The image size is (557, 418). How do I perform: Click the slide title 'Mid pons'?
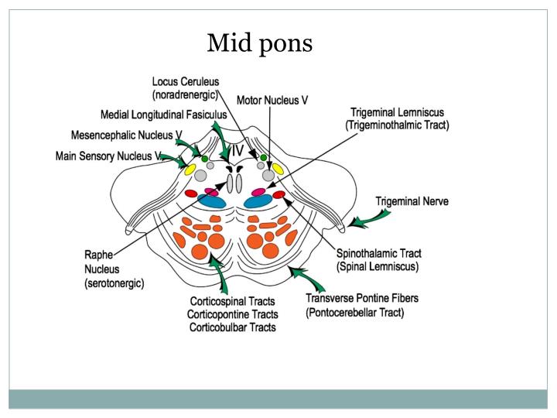[x=260, y=44]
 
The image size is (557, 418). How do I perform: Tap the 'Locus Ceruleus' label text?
[x=186, y=81]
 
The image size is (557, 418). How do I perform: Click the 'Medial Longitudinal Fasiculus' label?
[x=162, y=115]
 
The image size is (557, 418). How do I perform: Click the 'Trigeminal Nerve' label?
[x=412, y=201]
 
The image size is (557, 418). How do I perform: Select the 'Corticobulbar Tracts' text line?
[x=231, y=328]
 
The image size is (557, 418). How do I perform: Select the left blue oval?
[x=211, y=201]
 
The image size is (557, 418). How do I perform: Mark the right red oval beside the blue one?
[x=278, y=194]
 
